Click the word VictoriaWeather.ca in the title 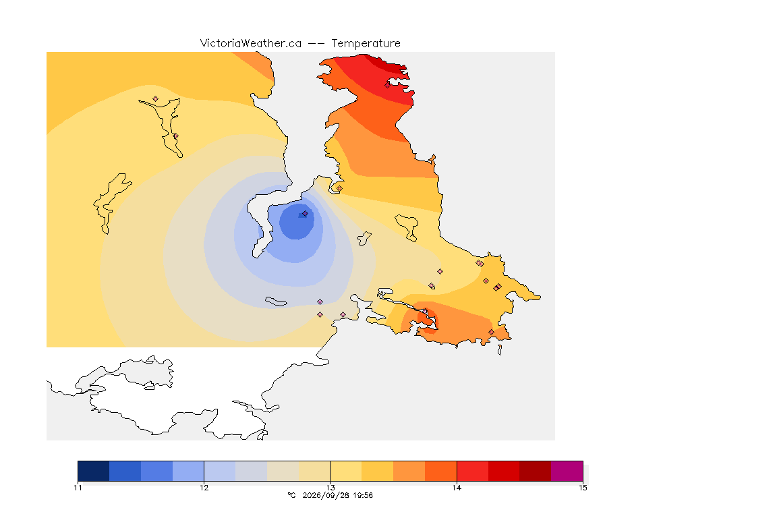click(251, 44)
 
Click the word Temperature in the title click(366, 44)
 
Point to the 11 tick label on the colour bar click(78, 488)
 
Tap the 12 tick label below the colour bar click(204, 488)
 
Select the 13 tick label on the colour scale click(330, 488)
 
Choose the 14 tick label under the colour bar click(457, 488)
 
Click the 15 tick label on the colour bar click(583, 488)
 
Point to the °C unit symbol click(291, 495)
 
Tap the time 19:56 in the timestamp click(364, 495)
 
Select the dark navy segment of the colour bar click(94, 471)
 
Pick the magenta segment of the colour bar click(567, 471)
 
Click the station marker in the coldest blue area click(306, 214)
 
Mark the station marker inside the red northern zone click(388, 85)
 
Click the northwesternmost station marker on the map click(156, 99)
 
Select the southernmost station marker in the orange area click(491, 332)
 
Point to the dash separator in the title click(316, 44)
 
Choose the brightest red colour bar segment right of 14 click(472, 471)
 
